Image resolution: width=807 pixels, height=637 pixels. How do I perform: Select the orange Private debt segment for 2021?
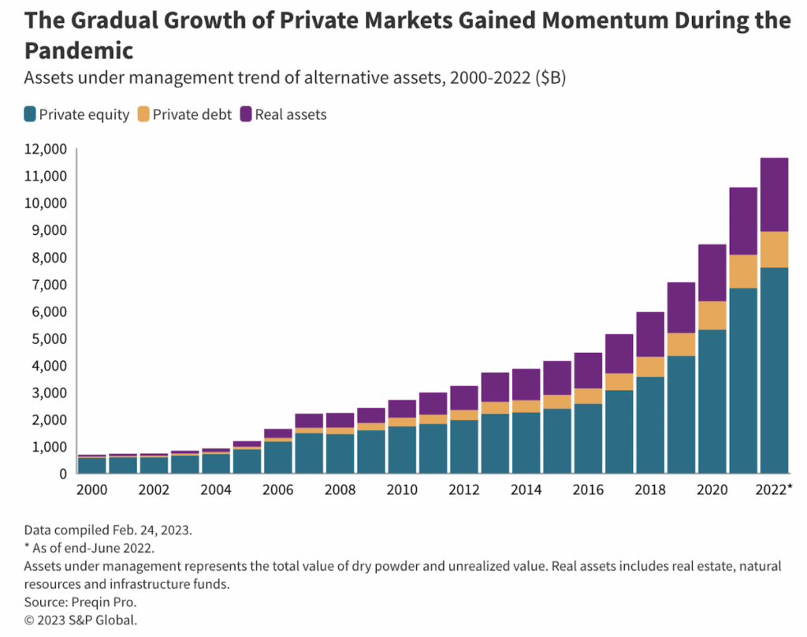(743, 271)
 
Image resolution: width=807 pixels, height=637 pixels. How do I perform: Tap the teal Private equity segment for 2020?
(712, 401)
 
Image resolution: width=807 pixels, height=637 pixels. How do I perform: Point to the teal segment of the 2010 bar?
(402, 449)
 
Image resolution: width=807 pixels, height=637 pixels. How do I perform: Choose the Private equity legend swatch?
(30, 114)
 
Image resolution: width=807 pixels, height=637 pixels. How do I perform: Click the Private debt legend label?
(192, 114)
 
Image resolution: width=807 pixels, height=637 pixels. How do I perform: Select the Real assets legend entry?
(284, 114)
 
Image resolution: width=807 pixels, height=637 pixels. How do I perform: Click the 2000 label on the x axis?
(91, 490)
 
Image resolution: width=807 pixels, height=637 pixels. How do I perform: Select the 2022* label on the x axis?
(772, 490)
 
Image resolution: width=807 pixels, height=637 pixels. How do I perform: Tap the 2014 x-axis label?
(526, 490)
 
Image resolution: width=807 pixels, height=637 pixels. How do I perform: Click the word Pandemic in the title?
(79, 50)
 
